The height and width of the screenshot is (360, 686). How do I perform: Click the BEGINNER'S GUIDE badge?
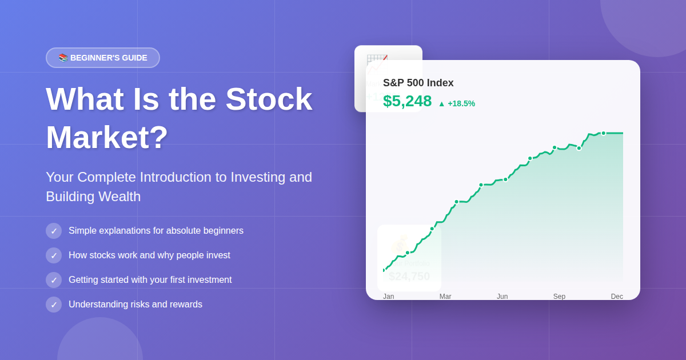[x=103, y=58]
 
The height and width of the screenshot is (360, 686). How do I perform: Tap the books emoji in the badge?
[x=63, y=58]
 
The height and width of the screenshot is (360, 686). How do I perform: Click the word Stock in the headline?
[x=269, y=99]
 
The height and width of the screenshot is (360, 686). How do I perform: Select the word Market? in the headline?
[x=107, y=137]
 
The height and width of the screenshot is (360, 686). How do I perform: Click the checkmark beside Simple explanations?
[x=54, y=231]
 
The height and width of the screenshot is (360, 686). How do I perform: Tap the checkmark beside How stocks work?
[x=54, y=255]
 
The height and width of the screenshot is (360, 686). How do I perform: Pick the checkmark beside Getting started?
[x=54, y=280]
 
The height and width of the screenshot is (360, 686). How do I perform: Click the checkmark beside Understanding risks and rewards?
[x=54, y=305]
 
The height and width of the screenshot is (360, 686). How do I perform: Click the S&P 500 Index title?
[x=418, y=83]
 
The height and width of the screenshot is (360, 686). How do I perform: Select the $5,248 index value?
[x=408, y=101]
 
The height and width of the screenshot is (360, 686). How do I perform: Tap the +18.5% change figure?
[x=461, y=103]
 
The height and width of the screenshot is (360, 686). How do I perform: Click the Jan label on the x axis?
[x=389, y=297]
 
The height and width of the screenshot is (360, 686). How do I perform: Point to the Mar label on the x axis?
[x=445, y=297]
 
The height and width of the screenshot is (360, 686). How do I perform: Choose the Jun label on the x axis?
[x=502, y=297]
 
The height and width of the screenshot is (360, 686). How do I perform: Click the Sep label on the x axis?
[x=559, y=297]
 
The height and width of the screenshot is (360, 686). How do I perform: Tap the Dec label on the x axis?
[x=617, y=297]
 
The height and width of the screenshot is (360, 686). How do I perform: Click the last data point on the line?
[x=603, y=133]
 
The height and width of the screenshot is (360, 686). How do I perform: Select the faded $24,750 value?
[x=409, y=277]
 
